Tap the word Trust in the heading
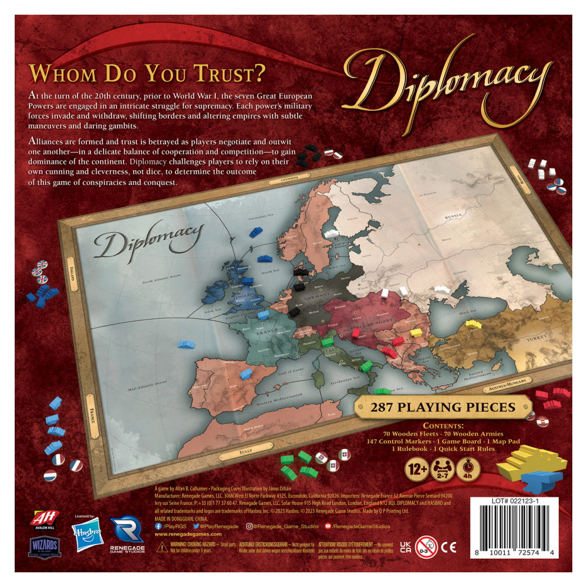[x=224, y=74]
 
